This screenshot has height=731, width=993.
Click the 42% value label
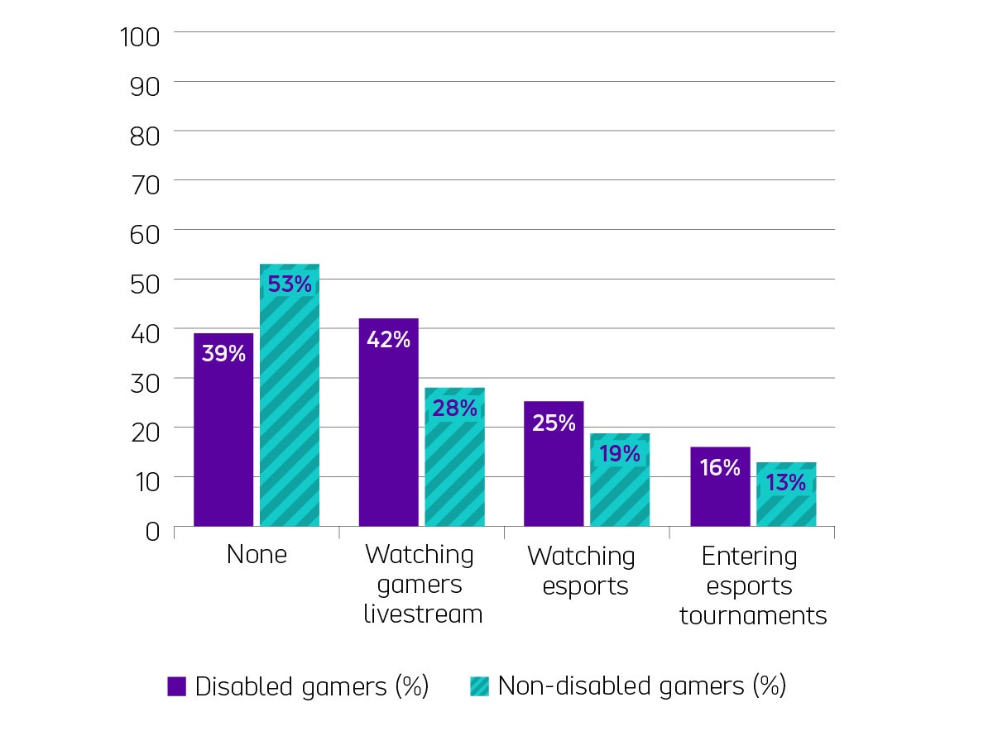pyautogui.click(x=389, y=339)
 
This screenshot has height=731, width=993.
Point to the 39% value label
pyautogui.click(x=223, y=354)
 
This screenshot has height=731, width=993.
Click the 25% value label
pyautogui.click(x=554, y=423)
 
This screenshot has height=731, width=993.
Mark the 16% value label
pyautogui.click(x=720, y=468)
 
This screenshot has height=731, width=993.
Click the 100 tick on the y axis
pyautogui.click(x=145, y=36)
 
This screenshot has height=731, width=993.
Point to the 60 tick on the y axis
pyautogui.click(x=145, y=234)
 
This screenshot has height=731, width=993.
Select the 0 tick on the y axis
pyautogui.click(x=152, y=530)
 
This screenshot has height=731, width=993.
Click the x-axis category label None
pyautogui.click(x=257, y=554)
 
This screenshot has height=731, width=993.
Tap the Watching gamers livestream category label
pyautogui.click(x=422, y=585)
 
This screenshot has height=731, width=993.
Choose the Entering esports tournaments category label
pyautogui.click(x=753, y=585)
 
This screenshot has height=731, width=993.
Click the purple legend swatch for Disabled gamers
pyautogui.click(x=176, y=686)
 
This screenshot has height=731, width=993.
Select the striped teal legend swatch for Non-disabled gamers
pyautogui.click(x=479, y=686)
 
